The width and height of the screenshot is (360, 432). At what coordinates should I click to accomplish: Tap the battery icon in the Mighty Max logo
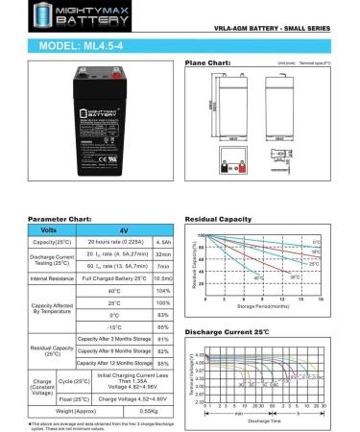click(x=16, y=13)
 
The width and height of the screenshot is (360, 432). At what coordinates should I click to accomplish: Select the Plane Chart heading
click(x=206, y=62)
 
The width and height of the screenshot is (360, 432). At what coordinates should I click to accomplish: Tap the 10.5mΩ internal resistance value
click(x=163, y=277)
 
